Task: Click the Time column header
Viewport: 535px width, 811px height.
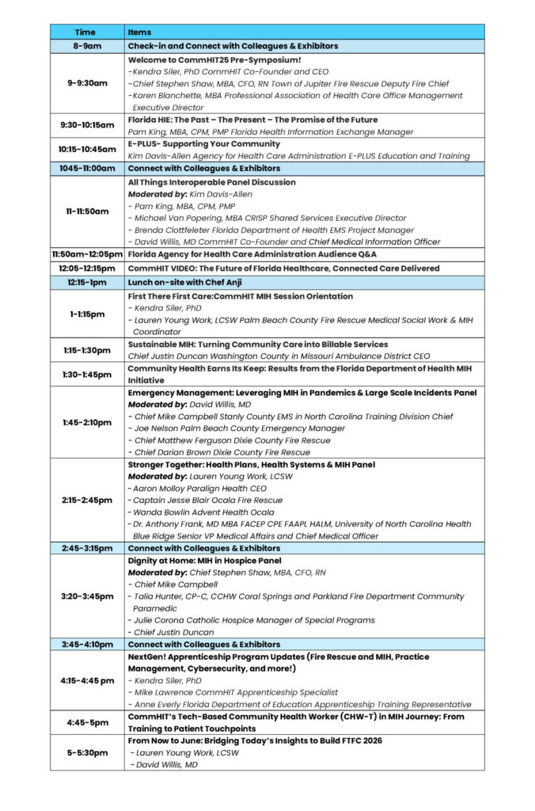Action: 85,32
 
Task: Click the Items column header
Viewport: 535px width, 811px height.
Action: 139,32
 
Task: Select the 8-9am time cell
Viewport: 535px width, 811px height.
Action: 85,46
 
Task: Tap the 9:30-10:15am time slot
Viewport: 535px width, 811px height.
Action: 86,125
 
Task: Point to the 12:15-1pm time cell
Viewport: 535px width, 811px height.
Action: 86,282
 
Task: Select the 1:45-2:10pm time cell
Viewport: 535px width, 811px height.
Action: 86,422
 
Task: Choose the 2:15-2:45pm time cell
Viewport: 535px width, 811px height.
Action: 86,501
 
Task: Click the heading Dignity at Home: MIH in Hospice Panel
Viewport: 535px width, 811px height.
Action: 204,561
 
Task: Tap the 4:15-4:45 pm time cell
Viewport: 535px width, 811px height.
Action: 86,680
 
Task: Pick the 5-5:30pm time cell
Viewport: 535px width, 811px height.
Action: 86,752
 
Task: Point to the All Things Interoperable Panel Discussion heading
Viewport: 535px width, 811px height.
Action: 212,182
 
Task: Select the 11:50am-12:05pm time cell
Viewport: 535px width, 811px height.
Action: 86,254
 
